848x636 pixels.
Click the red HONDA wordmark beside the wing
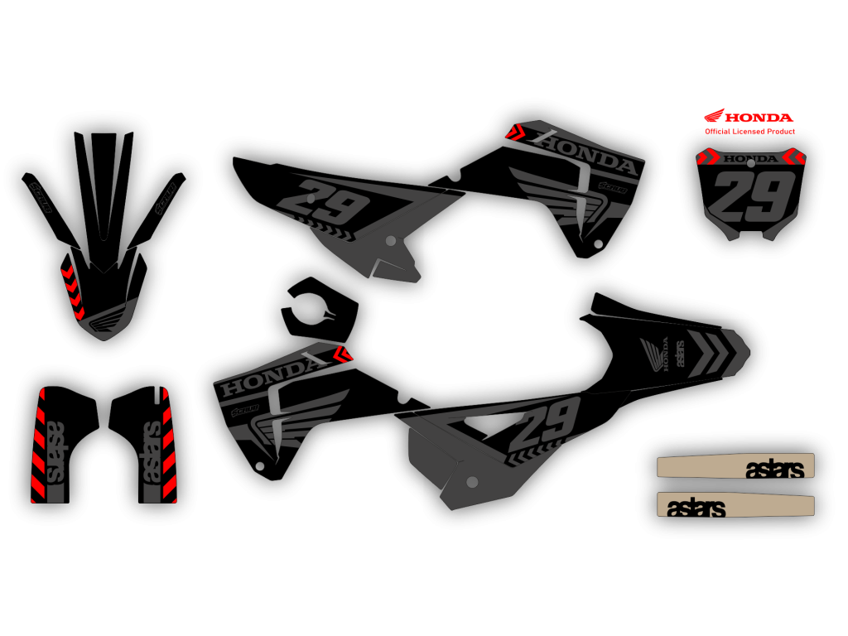coord(759,118)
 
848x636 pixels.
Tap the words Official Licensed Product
coord(749,132)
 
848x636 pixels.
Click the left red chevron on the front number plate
coord(709,157)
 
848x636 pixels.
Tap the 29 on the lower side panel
coord(547,425)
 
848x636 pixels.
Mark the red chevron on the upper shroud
coord(515,132)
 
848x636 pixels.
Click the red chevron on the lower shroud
coord(342,354)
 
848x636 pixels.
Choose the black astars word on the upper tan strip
coord(774,469)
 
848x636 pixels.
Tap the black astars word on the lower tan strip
coord(696,508)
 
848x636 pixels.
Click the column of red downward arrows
coord(73,291)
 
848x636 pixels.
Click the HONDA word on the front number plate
coord(749,158)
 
